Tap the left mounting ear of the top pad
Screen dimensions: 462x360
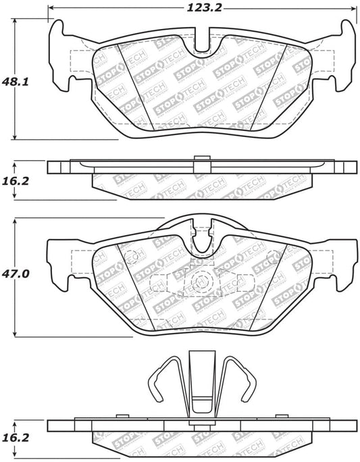point(62,51)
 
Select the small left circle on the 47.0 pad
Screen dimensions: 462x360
point(132,256)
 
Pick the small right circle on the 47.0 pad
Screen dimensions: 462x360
point(273,256)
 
